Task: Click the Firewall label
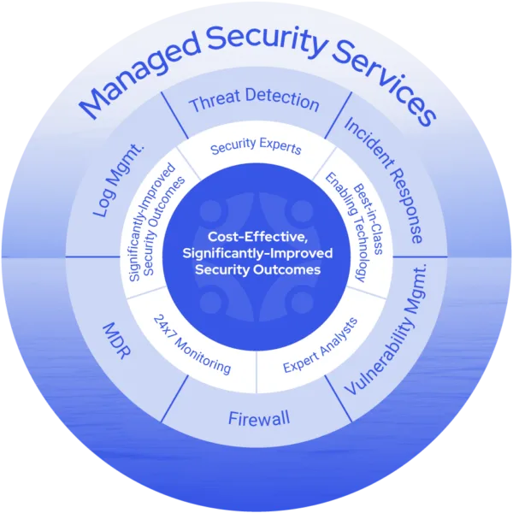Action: (x=259, y=418)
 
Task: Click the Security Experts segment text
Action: (x=256, y=148)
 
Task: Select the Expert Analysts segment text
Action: (x=319, y=345)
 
